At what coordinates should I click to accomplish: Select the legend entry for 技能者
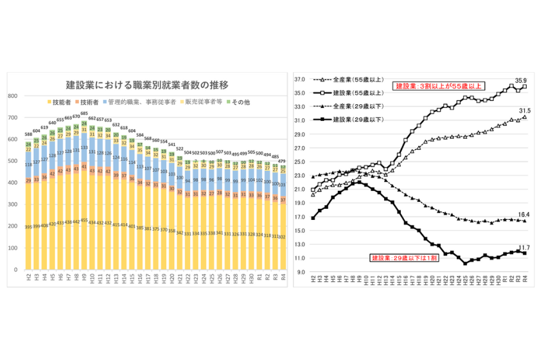tap(60, 102)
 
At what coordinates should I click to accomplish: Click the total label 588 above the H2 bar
tap(28, 134)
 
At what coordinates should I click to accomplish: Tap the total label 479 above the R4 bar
tap(281, 161)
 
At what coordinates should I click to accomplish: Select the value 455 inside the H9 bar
tap(84, 221)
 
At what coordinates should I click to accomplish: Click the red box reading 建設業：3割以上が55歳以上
tap(439, 85)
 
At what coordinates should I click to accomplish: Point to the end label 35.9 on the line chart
tap(524, 80)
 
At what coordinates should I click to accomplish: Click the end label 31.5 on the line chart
tap(524, 110)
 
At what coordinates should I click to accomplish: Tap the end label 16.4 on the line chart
tap(524, 214)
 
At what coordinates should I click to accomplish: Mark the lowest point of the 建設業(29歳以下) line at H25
tap(464, 263)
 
